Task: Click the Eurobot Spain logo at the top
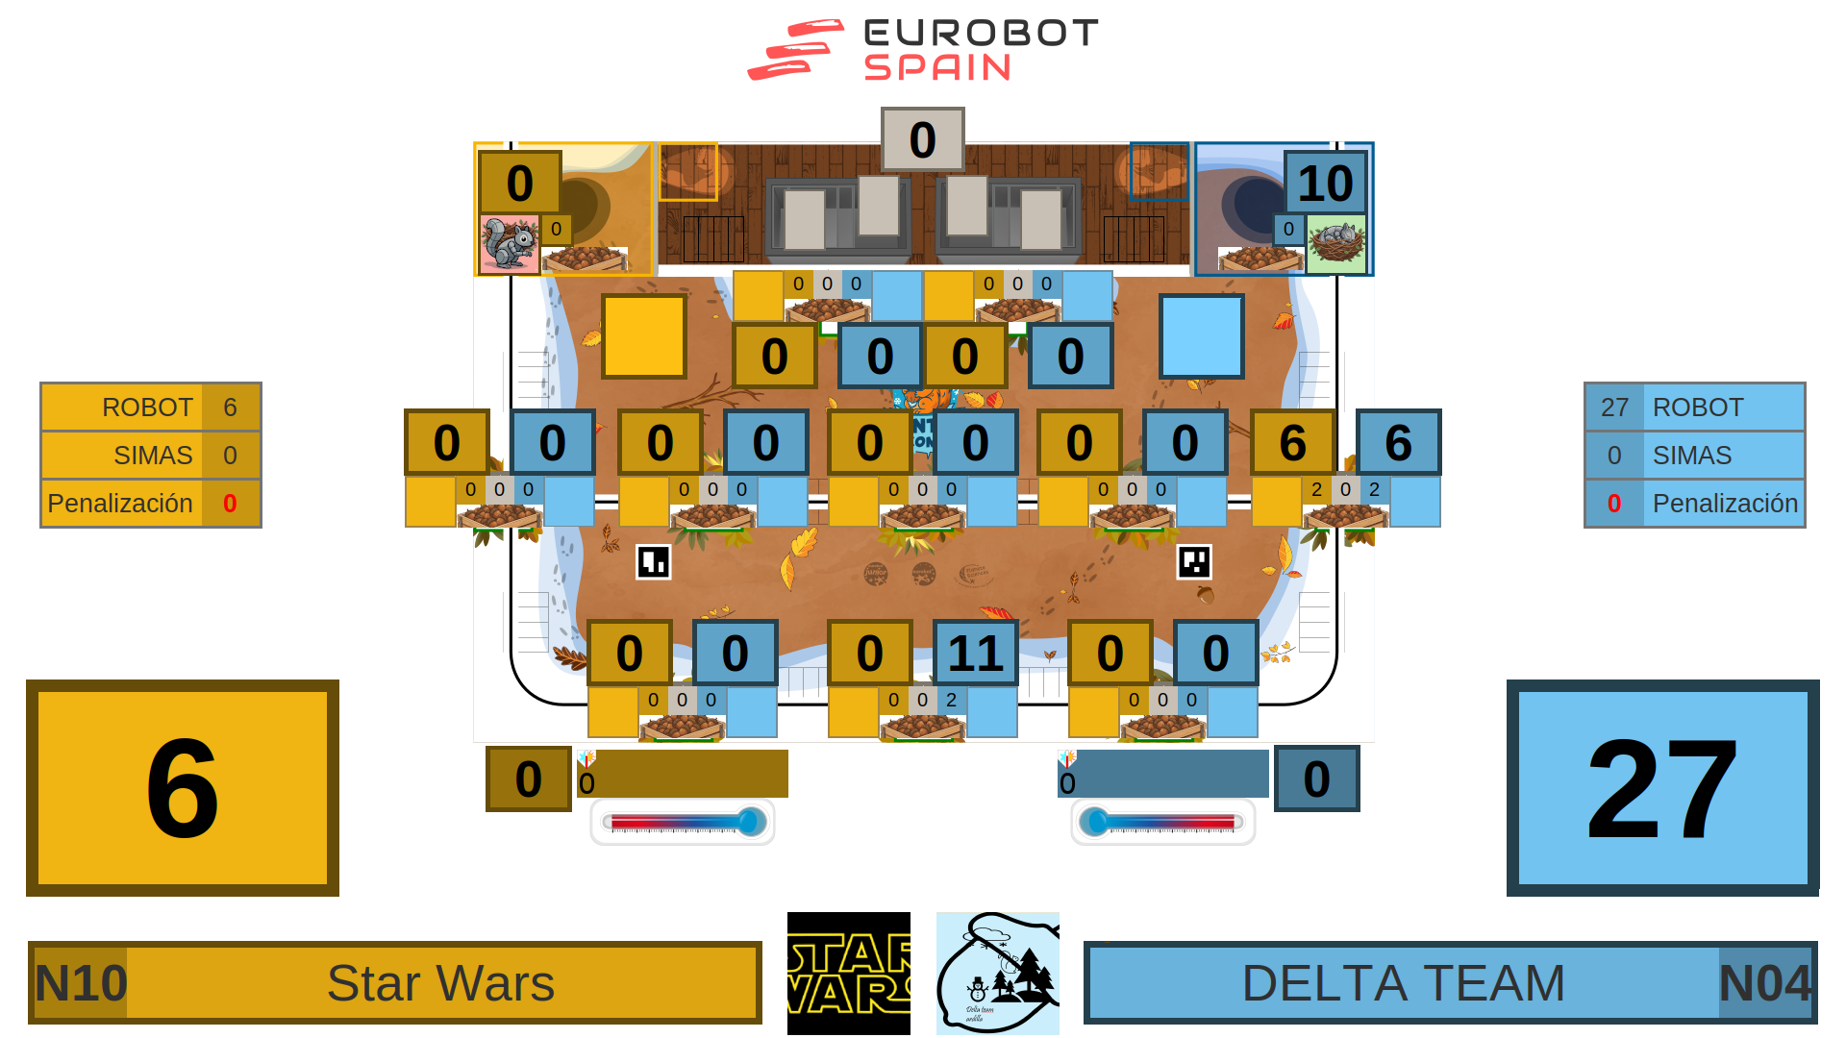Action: coord(923,50)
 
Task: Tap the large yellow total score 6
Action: coord(183,788)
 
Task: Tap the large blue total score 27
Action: coord(1662,788)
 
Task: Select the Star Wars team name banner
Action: coord(442,983)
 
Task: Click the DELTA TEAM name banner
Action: coord(1404,983)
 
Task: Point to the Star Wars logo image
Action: coord(849,974)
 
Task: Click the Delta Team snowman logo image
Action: coord(998,974)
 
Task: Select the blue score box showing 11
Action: coord(975,654)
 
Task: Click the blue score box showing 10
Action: coord(1325,183)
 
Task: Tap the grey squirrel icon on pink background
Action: coord(509,244)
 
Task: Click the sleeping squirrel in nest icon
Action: coord(1336,244)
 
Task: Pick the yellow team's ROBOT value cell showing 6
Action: coord(230,408)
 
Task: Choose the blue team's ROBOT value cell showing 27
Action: coord(1614,408)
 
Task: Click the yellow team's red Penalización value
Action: coord(230,504)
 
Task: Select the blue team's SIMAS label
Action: coord(1692,456)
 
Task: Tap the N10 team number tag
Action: coord(81,983)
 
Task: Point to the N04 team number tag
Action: coord(1764,983)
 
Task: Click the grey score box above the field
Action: coord(922,139)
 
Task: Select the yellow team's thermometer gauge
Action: coord(683,823)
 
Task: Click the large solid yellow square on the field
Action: coord(644,336)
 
